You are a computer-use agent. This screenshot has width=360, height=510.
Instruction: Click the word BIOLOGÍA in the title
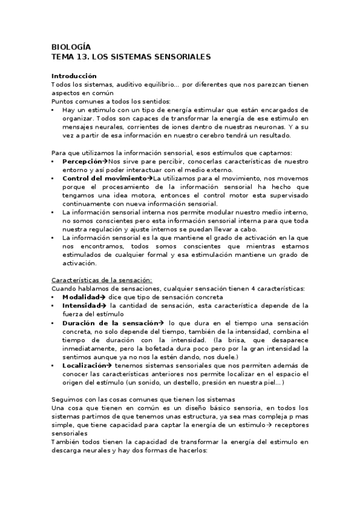(x=71, y=47)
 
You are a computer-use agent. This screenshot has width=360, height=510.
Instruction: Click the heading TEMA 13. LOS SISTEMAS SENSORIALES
(x=130, y=57)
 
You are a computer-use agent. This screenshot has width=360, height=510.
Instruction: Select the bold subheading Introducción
(x=74, y=76)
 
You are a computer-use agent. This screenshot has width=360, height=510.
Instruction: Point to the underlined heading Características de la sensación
(x=102, y=280)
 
